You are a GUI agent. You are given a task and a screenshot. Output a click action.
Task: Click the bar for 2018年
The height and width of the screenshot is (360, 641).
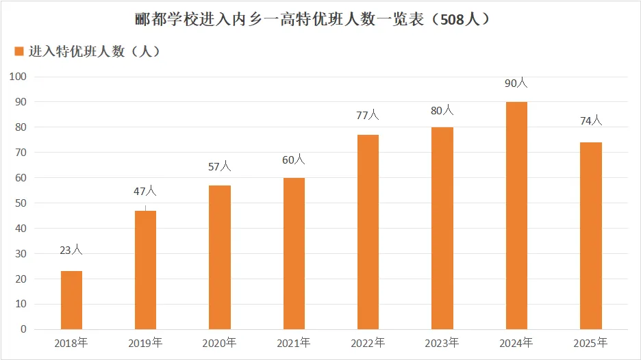(x=71, y=300)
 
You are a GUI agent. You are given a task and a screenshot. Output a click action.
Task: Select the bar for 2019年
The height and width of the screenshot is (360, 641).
(x=145, y=270)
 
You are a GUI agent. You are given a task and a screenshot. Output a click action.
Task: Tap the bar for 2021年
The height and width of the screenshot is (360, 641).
(x=294, y=253)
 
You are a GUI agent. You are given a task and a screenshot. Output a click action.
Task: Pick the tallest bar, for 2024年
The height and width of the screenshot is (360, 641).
(x=516, y=215)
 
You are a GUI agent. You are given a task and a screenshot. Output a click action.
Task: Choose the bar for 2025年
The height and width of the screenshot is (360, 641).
(x=590, y=235)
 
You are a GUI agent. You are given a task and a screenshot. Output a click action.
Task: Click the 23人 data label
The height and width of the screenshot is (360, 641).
(x=71, y=250)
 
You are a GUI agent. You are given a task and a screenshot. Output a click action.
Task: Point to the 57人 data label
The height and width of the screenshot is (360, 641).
(x=220, y=166)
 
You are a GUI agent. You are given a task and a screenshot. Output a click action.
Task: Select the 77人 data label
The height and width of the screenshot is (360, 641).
(x=368, y=115)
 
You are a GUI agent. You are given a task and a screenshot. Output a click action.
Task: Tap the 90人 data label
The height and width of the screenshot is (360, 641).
(x=516, y=83)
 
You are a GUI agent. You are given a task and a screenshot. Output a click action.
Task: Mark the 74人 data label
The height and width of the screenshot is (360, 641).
(x=590, y=121)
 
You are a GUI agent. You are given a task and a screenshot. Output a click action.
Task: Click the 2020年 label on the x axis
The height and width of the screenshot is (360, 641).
(x=220, y=342)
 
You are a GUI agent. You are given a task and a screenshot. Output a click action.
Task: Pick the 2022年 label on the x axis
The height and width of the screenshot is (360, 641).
(x=368, y=342)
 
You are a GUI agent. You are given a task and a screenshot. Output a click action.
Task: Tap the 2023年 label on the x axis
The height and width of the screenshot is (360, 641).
(x=442, y=342)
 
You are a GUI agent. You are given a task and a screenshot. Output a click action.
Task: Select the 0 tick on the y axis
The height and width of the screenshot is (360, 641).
(x=23, y=329)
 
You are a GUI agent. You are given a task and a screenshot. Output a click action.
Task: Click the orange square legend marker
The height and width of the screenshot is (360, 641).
(x=19, y=51)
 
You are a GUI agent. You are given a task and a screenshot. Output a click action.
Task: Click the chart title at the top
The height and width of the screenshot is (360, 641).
(x=312, y=19)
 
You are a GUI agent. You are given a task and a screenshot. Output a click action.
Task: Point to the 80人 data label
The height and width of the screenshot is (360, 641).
(x=442, y=110)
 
